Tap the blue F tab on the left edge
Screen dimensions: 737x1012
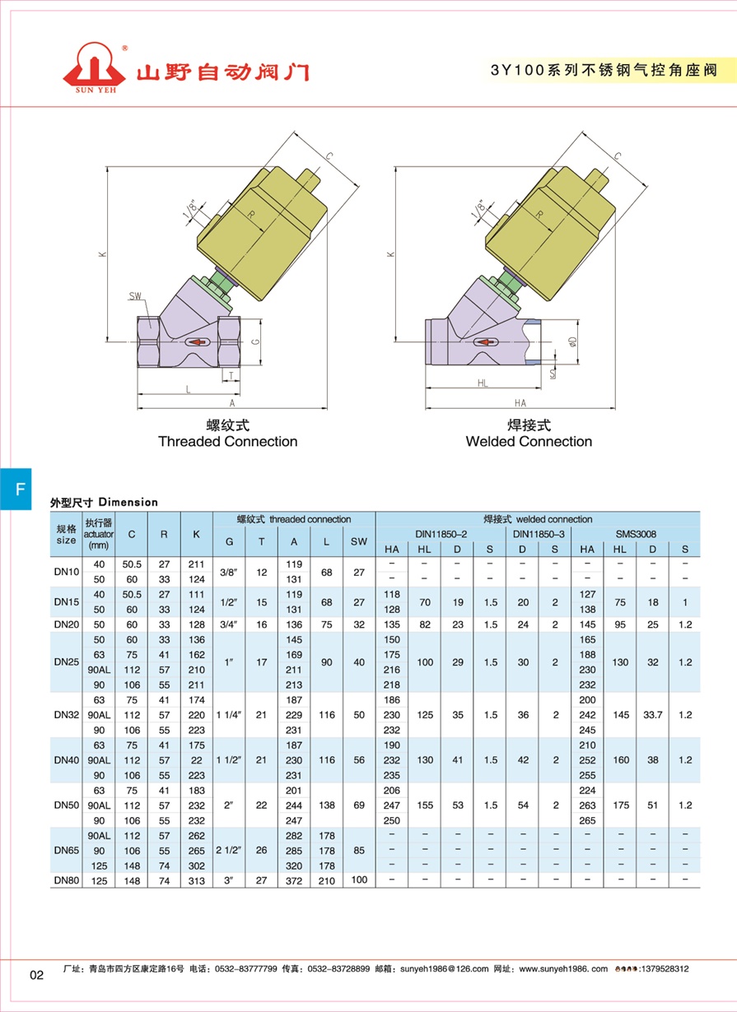[x=16, y=489]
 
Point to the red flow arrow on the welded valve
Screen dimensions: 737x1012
[x=485, y=342]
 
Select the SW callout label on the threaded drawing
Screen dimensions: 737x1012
[x=135, y=296]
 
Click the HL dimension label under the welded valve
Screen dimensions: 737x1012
[x=483, y=383]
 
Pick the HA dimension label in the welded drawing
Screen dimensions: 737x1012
[x=520, y=402]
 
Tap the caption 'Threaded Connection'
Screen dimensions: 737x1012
[x=228, y=441]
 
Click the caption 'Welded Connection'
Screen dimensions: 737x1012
[x=529, y=441]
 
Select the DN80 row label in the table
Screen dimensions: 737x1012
[x=67, y=880]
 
